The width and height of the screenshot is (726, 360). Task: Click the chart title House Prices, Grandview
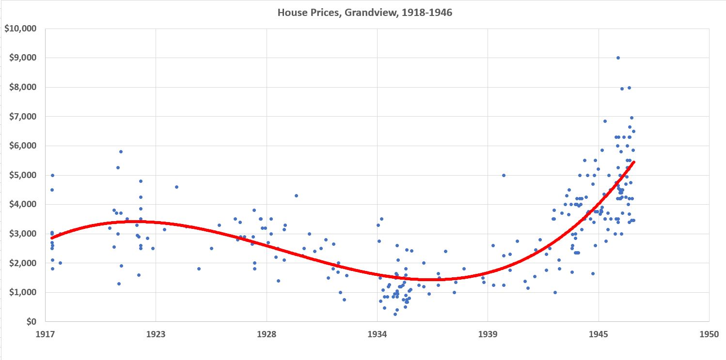[x=364, y=13]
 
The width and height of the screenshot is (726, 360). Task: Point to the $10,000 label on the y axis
[x=20, y=29]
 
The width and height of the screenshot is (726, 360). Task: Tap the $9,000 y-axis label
[x=22, y=58]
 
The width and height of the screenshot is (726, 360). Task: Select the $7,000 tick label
[x=22, y=117]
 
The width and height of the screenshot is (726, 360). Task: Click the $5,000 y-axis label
[x=22, y=175]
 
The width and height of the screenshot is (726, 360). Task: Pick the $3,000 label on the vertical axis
[x=22, y=234]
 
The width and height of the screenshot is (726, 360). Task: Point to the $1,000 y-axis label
[x=22, y=292]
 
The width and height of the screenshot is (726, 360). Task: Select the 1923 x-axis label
[x=156, y=333]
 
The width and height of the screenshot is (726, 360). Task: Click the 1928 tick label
[x=267, y=333]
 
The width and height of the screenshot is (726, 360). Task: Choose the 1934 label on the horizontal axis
[x=377, y=333]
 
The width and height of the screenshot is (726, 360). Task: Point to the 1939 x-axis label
[x=488, y=333]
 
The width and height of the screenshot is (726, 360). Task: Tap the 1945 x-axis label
[x=599, y=333]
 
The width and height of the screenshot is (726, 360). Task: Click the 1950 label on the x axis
[x=709, y=333]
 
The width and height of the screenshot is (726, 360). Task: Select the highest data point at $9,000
[x=618, y=58]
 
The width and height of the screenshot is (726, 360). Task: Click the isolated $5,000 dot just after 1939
[x=504, y=175]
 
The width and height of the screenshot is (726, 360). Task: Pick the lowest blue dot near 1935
[x=395, y=314]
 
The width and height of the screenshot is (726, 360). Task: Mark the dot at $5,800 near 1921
[x=121, y=151]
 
